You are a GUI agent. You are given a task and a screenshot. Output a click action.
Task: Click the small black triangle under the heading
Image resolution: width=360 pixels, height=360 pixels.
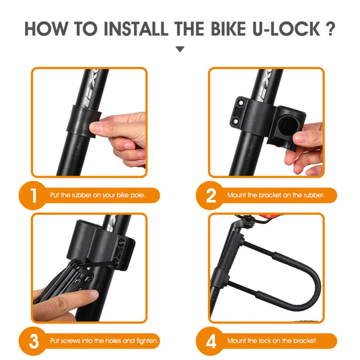(x=179, y=49)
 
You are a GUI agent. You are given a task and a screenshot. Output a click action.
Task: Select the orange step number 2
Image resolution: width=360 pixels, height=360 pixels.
(x=211, y=195)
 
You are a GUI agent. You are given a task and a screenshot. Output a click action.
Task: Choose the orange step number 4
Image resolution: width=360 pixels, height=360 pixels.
(x=211, y=340)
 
